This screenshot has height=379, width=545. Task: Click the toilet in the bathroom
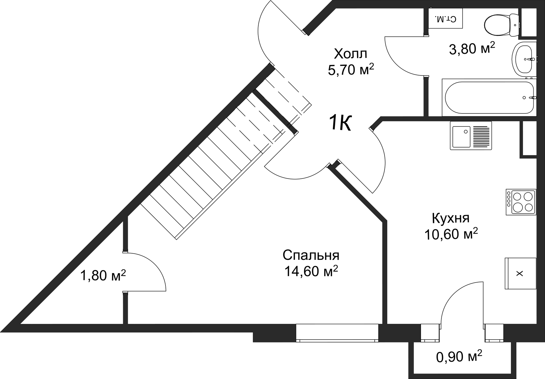[501, 25]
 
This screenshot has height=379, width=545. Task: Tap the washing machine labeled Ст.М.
[445, 18]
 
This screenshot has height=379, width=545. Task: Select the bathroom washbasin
[524, 59]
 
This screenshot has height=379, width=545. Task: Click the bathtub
[489, 98]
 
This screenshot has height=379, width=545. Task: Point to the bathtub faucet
[533, 98]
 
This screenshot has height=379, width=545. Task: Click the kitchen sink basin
[461, 137]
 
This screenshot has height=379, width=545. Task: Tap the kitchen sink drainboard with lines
[481, 137]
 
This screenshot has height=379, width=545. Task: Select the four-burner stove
[521, 202]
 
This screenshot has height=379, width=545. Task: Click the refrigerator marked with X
[520, 273]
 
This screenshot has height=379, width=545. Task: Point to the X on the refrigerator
[519, 273]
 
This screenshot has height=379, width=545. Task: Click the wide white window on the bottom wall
[337, 332]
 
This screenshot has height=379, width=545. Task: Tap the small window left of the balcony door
[429, 332]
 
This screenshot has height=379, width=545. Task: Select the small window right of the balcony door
[494, 332]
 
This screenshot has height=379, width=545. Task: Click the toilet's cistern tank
[514, 25]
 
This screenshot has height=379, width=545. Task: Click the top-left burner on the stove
[517, 197]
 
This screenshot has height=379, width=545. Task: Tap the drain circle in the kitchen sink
[466, 132]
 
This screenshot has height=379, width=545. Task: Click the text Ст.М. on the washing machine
[445, 19]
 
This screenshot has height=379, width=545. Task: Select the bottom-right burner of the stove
[529, 207]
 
